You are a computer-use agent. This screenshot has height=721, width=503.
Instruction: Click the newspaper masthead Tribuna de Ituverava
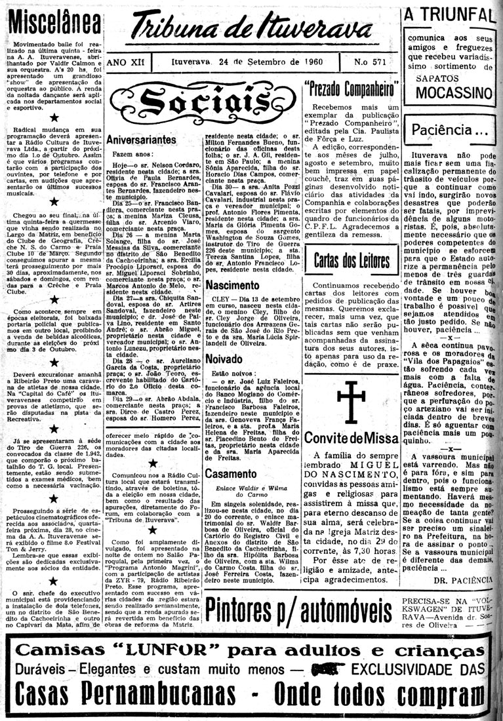pos(252,28)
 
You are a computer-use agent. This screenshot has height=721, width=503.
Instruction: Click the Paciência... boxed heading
pos(449,129)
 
